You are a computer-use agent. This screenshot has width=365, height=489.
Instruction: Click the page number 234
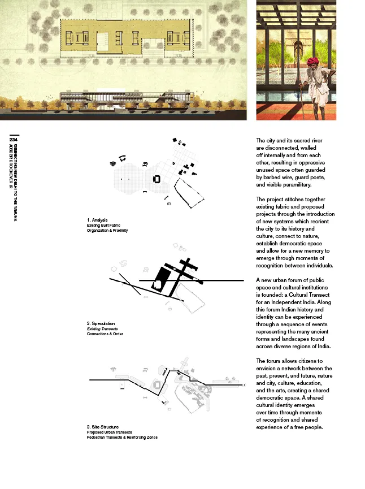(14, 140)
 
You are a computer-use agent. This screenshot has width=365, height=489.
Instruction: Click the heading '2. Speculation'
(101, 324)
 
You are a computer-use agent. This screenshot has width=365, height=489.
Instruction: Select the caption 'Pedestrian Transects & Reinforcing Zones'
(122, 437)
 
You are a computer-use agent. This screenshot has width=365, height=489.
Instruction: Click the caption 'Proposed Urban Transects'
(110, 432)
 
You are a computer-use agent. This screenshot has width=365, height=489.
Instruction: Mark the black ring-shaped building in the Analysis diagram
(157, 179)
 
